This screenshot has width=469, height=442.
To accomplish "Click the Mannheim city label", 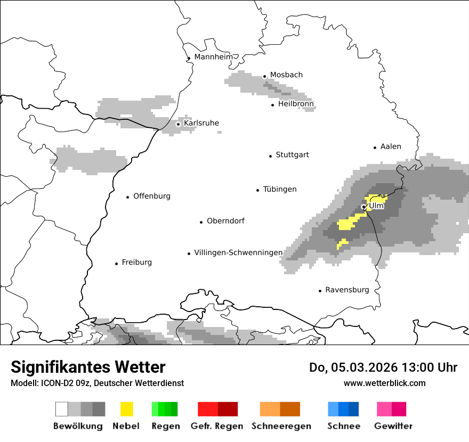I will click(214, 57).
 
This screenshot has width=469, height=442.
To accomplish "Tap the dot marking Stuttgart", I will click(270, 155).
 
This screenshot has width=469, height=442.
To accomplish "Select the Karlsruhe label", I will click(201, 123).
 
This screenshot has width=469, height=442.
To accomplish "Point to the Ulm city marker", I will click(363, 207).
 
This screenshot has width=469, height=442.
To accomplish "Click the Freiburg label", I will click(136, 263).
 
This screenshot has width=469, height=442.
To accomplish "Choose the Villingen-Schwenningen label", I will click(238, 252).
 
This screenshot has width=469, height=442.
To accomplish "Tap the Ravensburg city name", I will click(347, 290).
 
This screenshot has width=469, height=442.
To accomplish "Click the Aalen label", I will click(391, 146).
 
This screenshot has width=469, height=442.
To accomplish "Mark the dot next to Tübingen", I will click(258, 190).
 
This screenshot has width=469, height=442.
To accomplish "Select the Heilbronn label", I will click(296, 104).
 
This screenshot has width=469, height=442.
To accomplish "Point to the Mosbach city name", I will click(286, 75).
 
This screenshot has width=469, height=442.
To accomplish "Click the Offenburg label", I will click(151, 196).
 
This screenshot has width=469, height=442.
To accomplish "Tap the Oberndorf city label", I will click(225, 220).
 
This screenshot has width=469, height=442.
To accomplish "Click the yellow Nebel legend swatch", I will click(126, 409).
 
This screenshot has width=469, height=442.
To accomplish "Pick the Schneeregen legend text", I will click(281, 426).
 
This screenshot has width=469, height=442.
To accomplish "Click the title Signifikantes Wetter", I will click(88, 367).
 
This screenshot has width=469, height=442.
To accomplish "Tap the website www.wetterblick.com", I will click(384, 383).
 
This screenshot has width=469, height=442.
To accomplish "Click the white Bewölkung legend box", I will click(62, 409).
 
